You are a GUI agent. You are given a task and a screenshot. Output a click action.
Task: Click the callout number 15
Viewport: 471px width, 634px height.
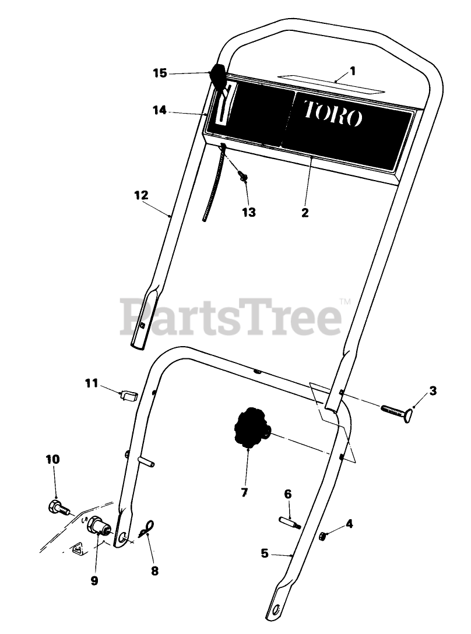[x=160, y=73]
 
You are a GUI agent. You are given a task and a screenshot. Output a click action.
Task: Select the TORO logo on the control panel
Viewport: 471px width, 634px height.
[x=333, y=113]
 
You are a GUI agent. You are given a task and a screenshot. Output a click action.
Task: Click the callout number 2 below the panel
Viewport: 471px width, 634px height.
[x=305, y=213]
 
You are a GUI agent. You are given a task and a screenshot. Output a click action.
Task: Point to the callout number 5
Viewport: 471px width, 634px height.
[x=265, y=553]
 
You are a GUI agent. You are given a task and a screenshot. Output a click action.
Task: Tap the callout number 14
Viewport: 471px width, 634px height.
[x=160, y=110]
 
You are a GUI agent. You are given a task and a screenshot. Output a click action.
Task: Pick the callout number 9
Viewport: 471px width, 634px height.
[x=94, y=580]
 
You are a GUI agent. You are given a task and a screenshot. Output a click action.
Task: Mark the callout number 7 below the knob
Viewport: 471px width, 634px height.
[x=244, y=493]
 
